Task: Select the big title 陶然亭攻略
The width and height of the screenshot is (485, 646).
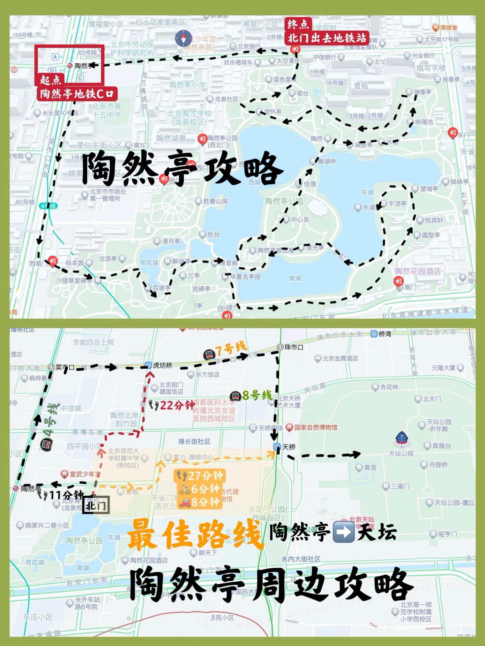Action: [182, 168]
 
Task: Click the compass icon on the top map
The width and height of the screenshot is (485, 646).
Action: [183, 39]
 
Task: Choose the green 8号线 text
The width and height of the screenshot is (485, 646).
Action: [257, 395]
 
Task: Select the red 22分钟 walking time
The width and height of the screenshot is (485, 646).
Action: [177, 405]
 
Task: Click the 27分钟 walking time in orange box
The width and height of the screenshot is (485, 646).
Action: [205, 475]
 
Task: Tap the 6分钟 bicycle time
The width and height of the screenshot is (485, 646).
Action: [205, 489]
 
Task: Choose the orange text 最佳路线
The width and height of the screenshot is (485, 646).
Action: [195, 534]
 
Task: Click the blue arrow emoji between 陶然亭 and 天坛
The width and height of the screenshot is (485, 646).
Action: [343, 532]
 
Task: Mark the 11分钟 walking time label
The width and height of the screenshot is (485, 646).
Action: [66, 495]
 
